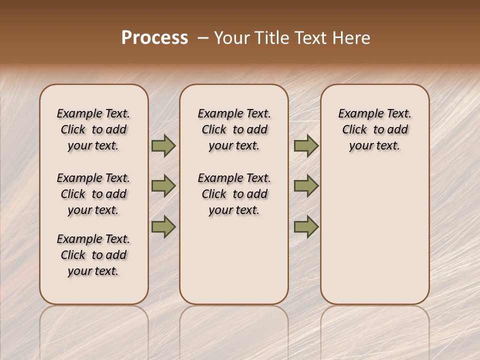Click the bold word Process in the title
click(x=154, y=38)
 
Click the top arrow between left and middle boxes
click(x=163, y=146)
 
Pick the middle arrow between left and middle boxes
click(x=163, y=186)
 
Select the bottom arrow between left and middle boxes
click(x=163, y=226)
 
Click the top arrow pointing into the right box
click(x=306, y=146)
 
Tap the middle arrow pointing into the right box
click(x=306, y=186)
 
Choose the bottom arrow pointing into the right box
click(x=306, y=226)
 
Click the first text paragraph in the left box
click(x=93, y=129)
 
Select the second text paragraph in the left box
click(x=93, y=194)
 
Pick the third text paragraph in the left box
click(x=93, y=255)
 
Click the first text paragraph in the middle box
click(x=234, y=129)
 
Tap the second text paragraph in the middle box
click(x=234, y=194)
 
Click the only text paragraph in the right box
click(x=374, y=129)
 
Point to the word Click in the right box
click(x=354, y=129)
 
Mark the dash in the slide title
click(x=203, y=38)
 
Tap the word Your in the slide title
click(x=231, y=38)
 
